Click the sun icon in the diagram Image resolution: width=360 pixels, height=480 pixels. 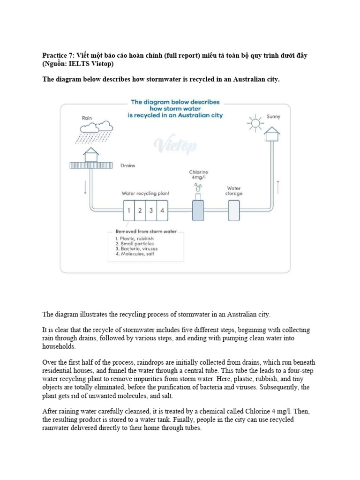(255, 123)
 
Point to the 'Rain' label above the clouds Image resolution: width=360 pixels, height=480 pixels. (87, 118)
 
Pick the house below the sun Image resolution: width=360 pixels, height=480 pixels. (271, 135)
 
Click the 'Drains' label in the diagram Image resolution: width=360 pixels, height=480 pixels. (128, 165)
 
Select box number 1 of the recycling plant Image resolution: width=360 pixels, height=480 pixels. (128, 210)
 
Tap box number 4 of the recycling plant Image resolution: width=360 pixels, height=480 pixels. (162, 210)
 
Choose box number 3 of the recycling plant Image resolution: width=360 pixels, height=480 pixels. (151, 210)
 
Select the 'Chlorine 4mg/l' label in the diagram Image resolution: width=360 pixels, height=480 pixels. (198, 175)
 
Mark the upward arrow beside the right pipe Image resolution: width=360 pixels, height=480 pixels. (279, 187)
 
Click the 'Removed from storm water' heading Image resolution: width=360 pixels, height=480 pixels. (146, 232)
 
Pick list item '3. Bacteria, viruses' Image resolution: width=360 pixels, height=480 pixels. (136, 248)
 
